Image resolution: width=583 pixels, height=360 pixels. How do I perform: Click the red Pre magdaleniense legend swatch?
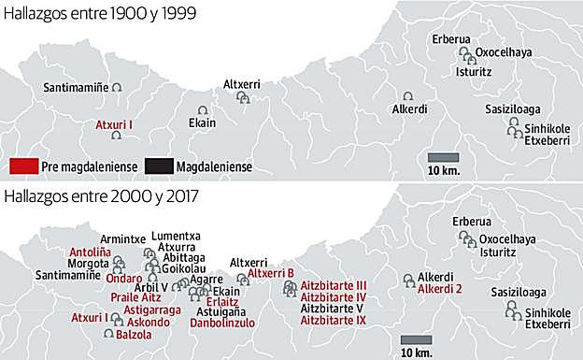coord(24,166)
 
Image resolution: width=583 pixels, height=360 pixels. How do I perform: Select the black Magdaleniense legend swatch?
coord(161,166)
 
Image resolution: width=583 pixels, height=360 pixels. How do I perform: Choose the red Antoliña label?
coord(90,252)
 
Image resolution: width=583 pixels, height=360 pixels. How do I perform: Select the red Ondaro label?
coord(123,278)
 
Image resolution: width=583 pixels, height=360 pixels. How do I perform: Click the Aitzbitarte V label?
coord(332,309)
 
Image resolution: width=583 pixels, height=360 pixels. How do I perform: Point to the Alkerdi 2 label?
coord(440,290)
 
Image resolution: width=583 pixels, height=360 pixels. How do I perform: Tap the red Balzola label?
coord(134,334)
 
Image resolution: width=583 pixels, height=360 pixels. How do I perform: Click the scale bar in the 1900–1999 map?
coord(443,157)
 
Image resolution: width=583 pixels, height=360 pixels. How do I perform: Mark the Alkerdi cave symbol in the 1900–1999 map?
coord(407,96)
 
